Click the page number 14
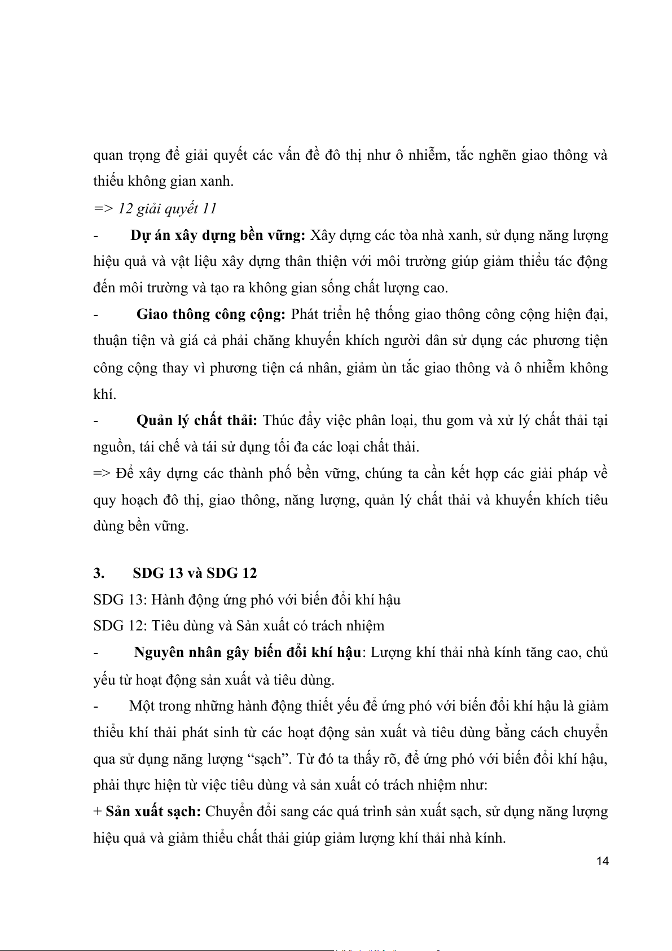pyautogui.click(x=603, y=861)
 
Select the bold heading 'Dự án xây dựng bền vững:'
pyautogui.click(x=218, y=235)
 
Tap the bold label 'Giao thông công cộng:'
pyautogui.click(x=211, y=314)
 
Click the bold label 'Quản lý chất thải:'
pyautogui.click(x=197, y=420)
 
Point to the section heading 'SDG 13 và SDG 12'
pyautogui.click(x=195, y=573)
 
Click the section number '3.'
pyautogui.click(x=99, y=573)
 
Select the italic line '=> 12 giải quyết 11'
pyautogui.click(x=155, y=209)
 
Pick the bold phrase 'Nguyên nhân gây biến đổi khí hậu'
pyautogui.click(x=248, y=652)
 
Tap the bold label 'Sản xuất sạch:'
pyautogui.click(x=153, y=812)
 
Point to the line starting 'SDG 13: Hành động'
pyautogui.click(x=247, y=599)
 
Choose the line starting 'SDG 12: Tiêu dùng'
pyautogui.click(x=239, y=626)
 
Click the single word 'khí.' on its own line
pyautogui.click(x=104, y=395)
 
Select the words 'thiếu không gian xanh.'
pyautogui.click(x=163, y=181)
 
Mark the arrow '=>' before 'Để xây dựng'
pyautogui.click(x=102, y=474)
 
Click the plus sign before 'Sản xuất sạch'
pyautogui.click(x=97, y=812)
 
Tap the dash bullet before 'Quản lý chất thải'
pyautogui.click(x=96, y=420)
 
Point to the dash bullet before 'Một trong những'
pyautogui.click(x=96, y=706)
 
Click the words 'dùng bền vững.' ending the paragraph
pyautogui.click(x=140, y=526)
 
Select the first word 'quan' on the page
pyautogui.click(x=108, y=155)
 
